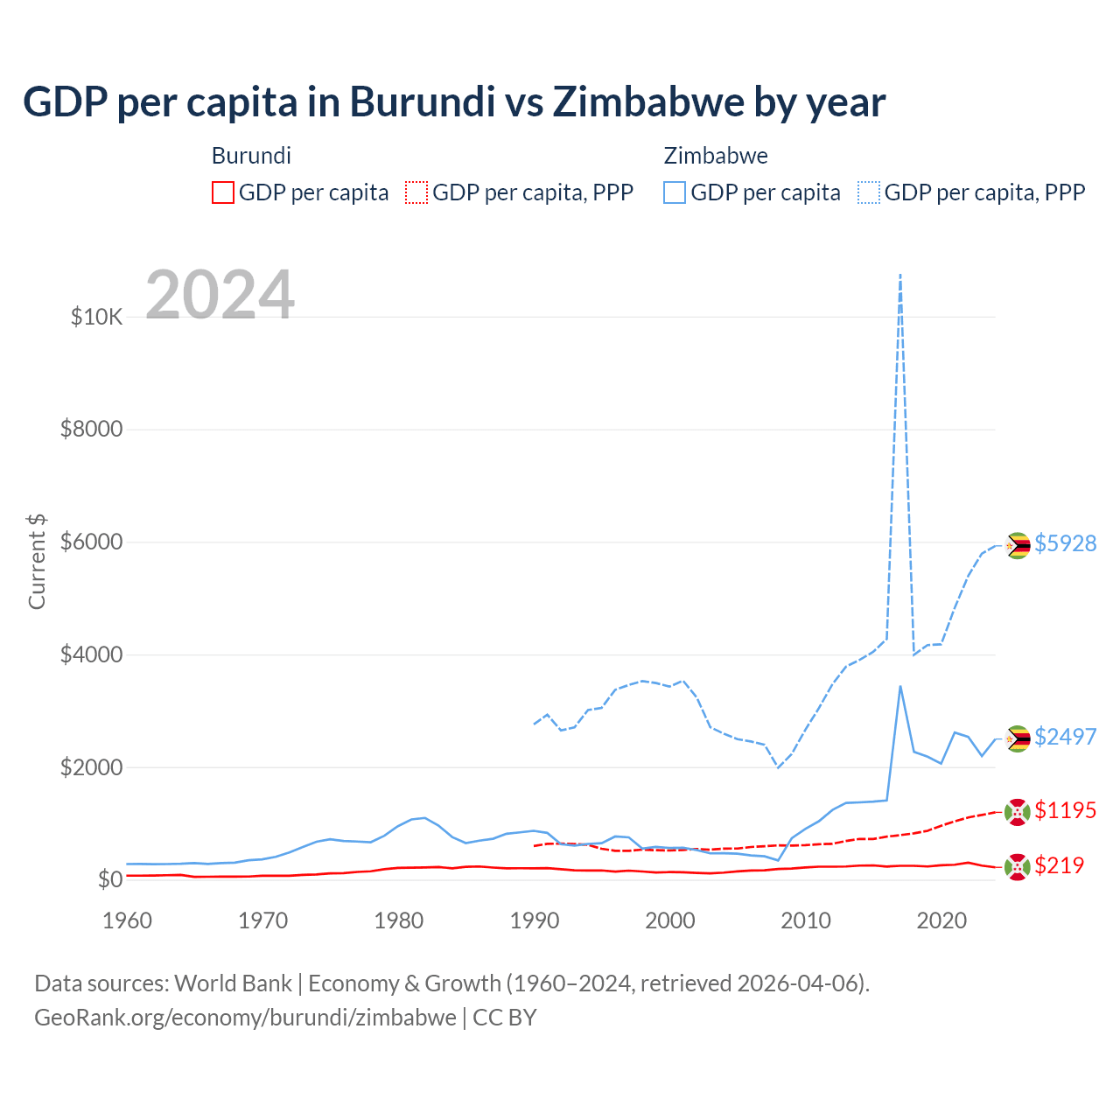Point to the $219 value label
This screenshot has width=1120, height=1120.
pyautogui.click(x=1059, y=865)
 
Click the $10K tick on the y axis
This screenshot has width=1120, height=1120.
pyautogui.click(x=96, y=317)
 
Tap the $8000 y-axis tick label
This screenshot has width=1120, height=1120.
pyautogui.click(x=91, y=430)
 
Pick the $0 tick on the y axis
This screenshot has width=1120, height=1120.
pyautogui.click(x=109, y=879)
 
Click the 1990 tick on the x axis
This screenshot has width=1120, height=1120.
pyautogui.click(x=534, y=920)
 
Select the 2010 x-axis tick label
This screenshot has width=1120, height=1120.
pyautogui.click(x=805, y=920)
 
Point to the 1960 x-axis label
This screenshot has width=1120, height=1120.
pyautogui.click(x=128, y=920)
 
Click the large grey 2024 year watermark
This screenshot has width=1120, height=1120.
pyautogui.click(x=220, y=295)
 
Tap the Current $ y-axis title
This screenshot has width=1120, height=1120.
pyautogui.click(x=37, y=562)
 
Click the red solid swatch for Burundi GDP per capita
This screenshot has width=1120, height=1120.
pyautogui.click(x=223, y=192)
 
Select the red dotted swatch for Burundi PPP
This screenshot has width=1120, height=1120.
pyautogui.click(x=416, y=192)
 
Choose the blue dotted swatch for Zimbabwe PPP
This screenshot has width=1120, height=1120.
pyautogui.click(x=869, y=192)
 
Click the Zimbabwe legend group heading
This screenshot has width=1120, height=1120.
pyautogui.click(x=716, y=156)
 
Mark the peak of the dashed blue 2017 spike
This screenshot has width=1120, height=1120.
pyautogui.click(x=900, y=275)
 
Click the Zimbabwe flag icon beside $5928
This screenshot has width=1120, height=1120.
pyautogui.click(x=1017, y=545)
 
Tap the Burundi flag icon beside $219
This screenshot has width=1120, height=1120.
pyautogui.click(x=1017, y=867)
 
